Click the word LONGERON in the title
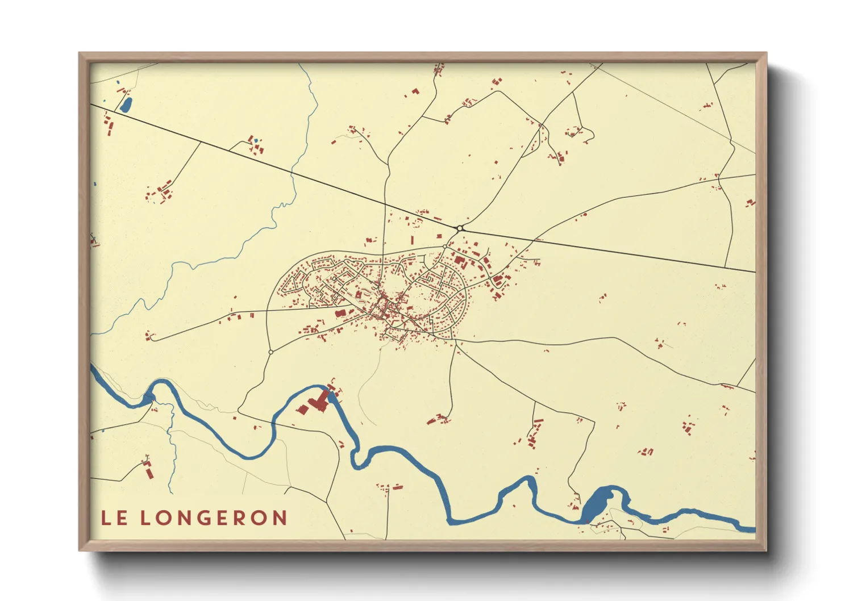(213, 517)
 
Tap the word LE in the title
(114, 517)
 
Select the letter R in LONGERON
(244, 517)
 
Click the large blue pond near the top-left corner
(126, 105)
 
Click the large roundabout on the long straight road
(460, 228)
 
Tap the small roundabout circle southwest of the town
(270, 352)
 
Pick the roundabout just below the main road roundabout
(445, 247)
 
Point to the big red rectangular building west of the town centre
(340, 312)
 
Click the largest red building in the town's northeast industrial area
(460, 261)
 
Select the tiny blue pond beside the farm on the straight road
(256, 140)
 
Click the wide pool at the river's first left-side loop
(149, 397)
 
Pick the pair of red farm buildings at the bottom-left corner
(149, 470)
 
